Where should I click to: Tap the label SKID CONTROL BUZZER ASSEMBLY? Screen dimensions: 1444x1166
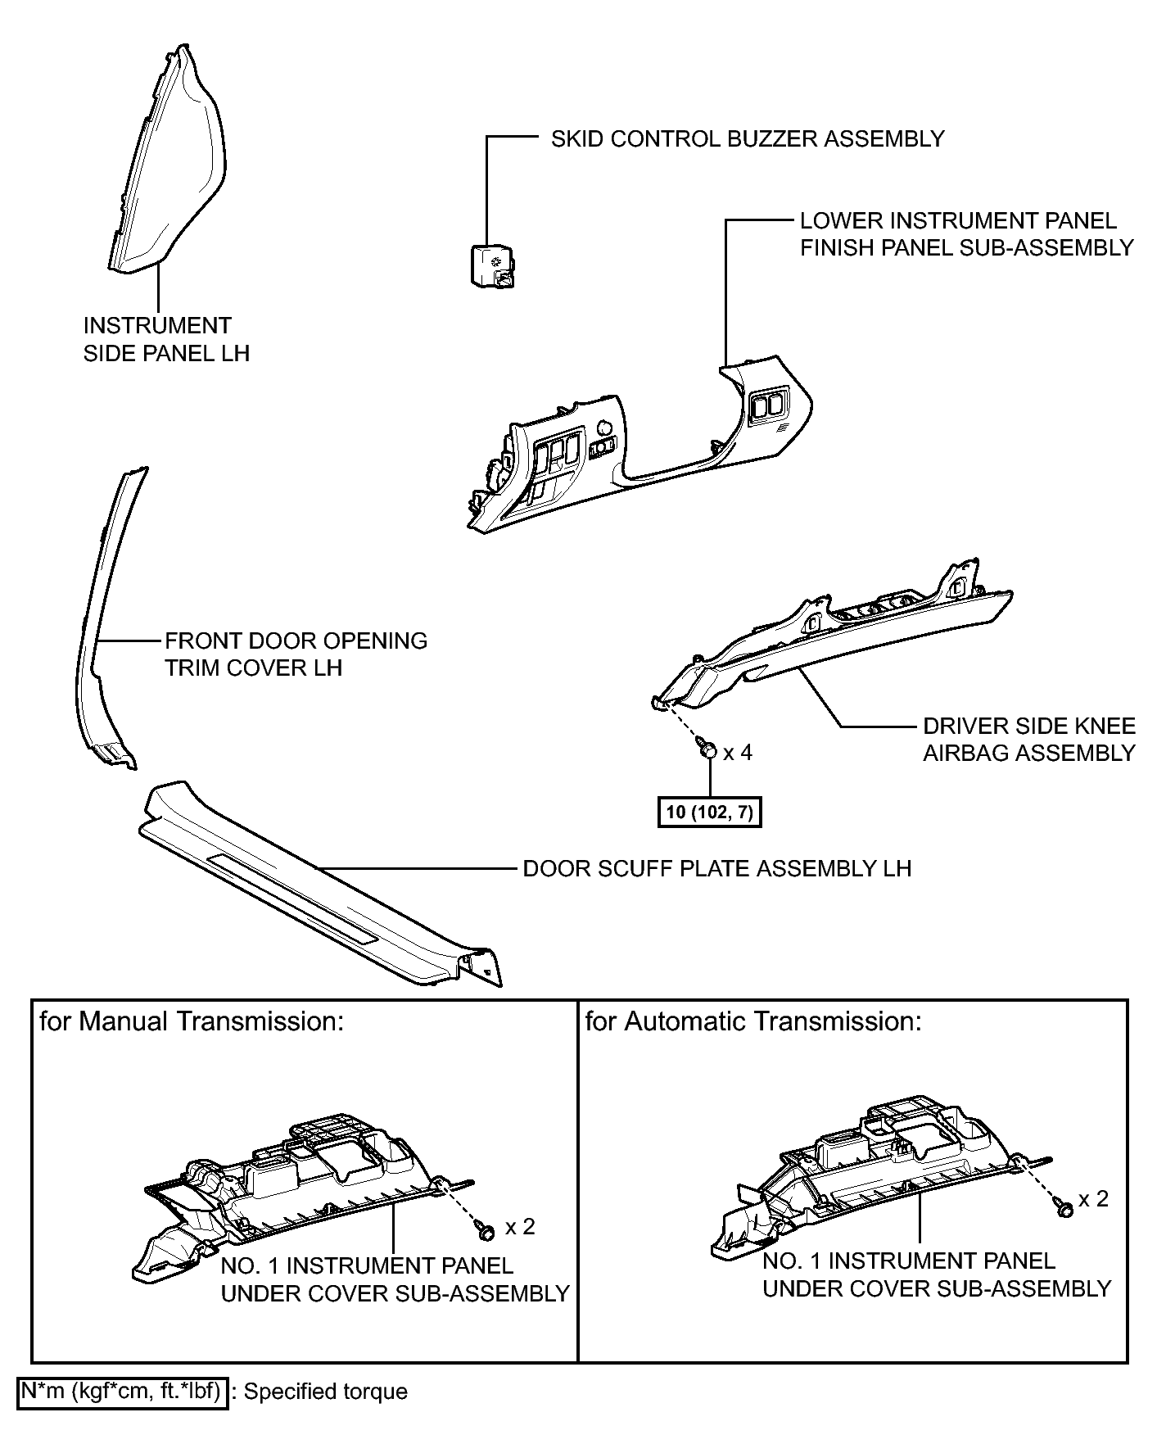[x=747, y=138]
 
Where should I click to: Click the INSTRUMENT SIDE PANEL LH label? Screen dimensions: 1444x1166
[x=166, y=339]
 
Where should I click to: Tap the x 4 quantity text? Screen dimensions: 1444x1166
[x=738, y=752]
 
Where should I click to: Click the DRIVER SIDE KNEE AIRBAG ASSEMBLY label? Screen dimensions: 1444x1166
[x=1028, y=740]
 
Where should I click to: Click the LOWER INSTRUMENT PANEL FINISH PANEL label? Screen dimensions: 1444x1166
[x=966, y=233]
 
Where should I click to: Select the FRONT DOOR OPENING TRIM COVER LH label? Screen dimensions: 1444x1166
[x=296, y=654]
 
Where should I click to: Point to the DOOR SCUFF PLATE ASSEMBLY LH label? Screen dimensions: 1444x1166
[x=716, y=868]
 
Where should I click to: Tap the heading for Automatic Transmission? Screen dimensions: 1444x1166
[x=753, y=1021]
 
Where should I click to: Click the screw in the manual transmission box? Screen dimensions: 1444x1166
[x=484, y=1229]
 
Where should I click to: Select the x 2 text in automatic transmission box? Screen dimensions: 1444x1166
[x=1093, y=1198]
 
